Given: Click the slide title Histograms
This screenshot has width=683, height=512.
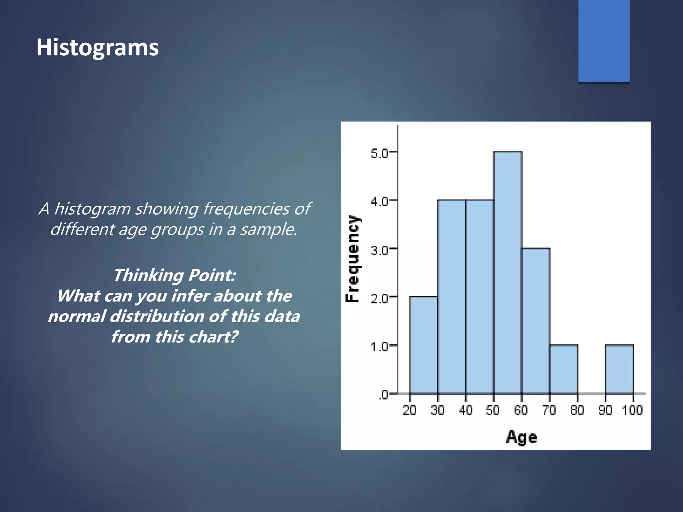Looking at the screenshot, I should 97,47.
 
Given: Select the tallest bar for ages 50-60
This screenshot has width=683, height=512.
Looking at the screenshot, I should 508,273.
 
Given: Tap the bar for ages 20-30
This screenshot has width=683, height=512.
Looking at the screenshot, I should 424,345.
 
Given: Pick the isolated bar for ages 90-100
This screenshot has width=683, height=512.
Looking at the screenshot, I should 619,369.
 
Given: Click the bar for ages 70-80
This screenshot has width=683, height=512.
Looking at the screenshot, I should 564,369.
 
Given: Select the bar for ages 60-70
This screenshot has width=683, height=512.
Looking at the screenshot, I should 536,321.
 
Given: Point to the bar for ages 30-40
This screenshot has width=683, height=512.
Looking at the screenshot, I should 452,297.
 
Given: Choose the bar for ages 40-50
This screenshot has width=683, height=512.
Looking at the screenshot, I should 480,297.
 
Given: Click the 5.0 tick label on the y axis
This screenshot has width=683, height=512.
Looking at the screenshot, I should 379,153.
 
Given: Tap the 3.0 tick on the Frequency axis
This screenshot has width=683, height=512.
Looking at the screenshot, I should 379,250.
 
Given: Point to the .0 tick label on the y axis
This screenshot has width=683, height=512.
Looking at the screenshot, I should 383,395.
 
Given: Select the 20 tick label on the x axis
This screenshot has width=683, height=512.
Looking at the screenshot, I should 409,410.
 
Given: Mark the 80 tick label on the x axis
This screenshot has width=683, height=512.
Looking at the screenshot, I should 577,410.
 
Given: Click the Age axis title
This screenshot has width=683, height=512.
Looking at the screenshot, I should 521,437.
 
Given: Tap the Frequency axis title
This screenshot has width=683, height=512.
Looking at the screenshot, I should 353,259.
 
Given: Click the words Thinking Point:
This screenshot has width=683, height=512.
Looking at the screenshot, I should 174,275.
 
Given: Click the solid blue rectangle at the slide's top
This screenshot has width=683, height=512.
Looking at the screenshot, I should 604,41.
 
